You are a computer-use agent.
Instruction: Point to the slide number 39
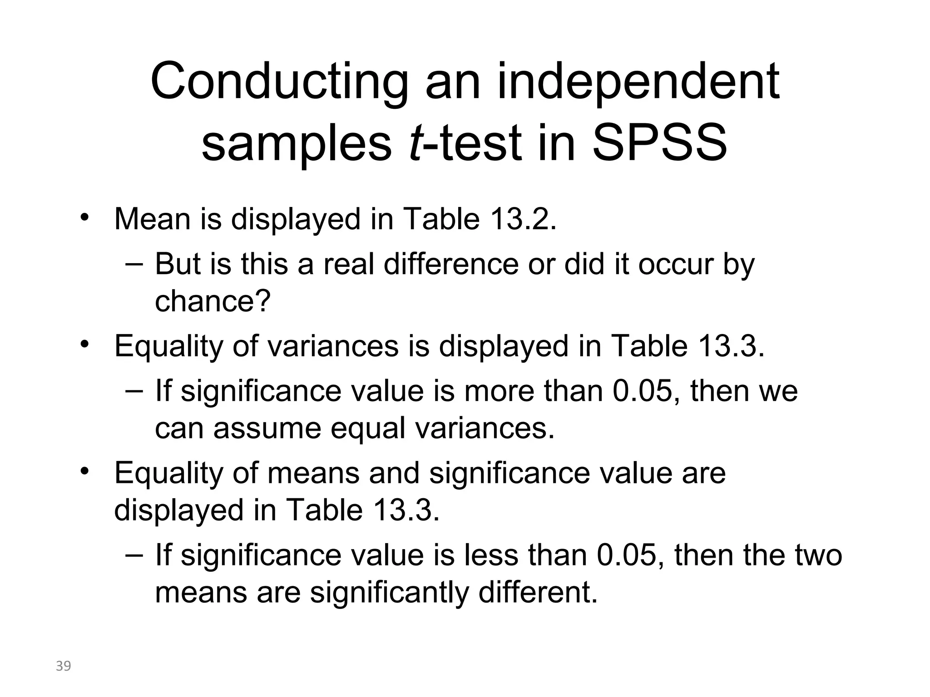(x=64, y=666)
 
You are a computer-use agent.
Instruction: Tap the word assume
(x=268, y=428)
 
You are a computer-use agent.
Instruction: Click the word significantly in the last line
(x=389, y=592)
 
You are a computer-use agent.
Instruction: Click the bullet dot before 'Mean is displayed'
(x=83, y=217)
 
